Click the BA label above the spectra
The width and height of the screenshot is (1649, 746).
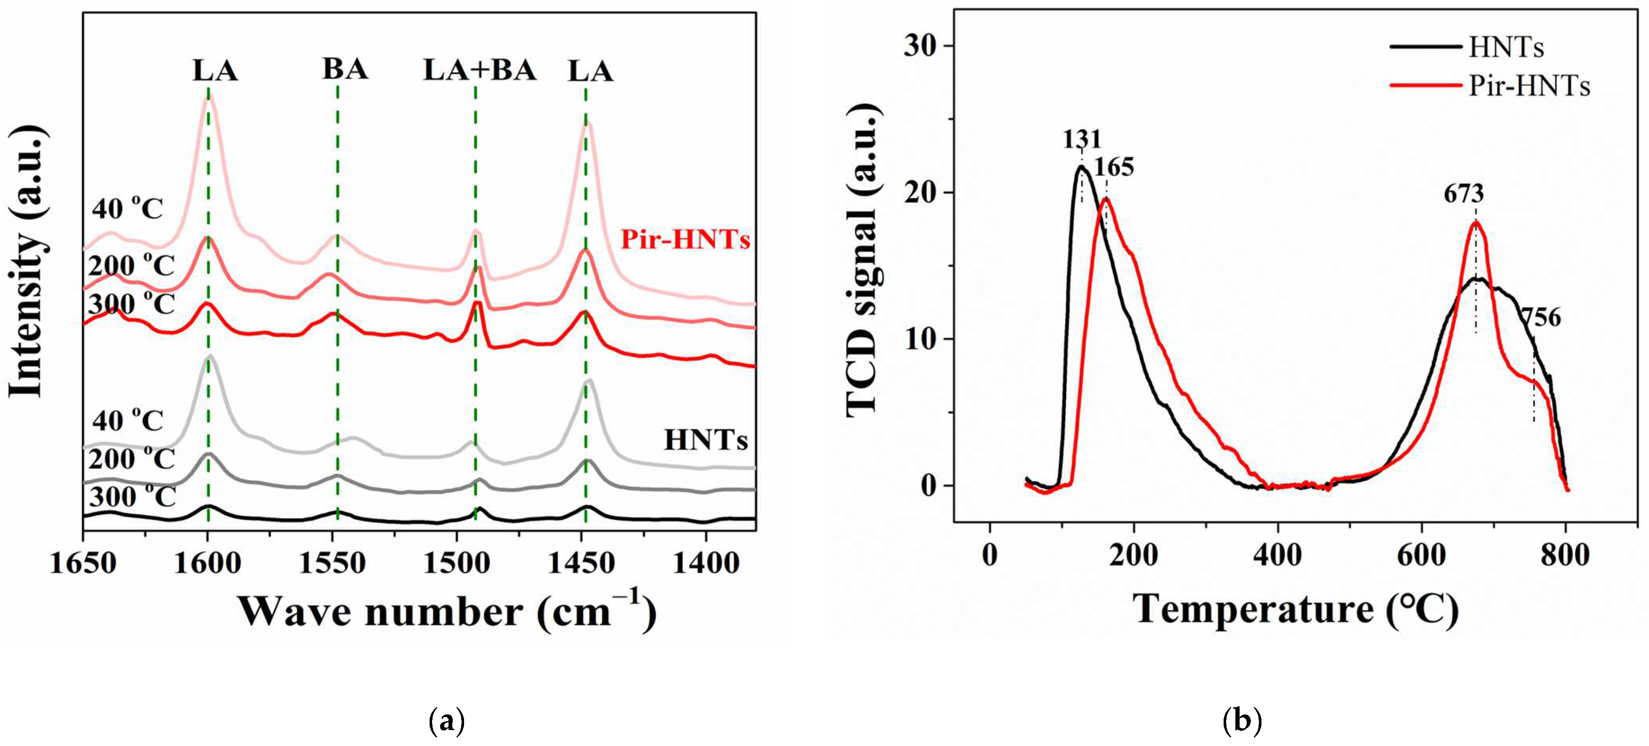click(345, 69)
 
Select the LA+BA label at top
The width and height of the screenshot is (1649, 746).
click(480, 71)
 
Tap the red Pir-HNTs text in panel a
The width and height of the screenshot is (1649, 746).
click(685, 240)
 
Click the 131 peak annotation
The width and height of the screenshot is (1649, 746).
click(1082, 139)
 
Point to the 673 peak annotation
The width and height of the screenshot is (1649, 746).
click(1463, 193)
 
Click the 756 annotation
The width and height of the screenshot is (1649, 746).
click(1541, 317)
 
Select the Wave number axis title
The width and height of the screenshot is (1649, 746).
click(447, 611)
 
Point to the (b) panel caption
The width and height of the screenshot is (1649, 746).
click(1242, 721)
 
